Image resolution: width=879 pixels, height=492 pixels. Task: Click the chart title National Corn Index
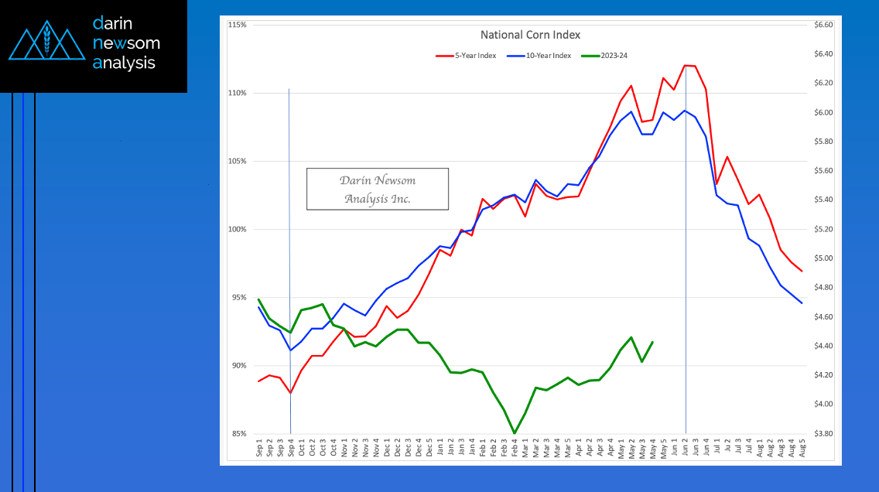tap(530, 35)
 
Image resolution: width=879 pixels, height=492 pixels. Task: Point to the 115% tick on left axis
tap(238, 25)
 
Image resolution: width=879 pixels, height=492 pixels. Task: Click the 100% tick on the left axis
tap(238, 230)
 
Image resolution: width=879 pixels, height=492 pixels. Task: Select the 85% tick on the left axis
tap(238, 434)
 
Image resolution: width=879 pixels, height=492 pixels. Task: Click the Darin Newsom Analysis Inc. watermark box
tap(378, 190)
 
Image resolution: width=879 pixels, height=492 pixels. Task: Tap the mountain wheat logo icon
tap(46, 44)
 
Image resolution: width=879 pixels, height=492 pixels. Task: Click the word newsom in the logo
tap(125, 43)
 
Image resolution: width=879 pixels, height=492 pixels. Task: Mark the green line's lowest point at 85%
tap(515, 433)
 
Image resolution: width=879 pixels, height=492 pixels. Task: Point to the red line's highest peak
tap(686, 65)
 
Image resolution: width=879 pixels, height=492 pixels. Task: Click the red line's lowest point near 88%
tap(290, 393)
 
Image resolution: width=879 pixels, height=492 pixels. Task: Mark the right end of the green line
tap(653, 342)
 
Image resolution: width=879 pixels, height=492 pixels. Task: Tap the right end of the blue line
tap(802, 302)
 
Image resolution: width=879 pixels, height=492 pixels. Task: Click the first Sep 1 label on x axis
tap(259, 449)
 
